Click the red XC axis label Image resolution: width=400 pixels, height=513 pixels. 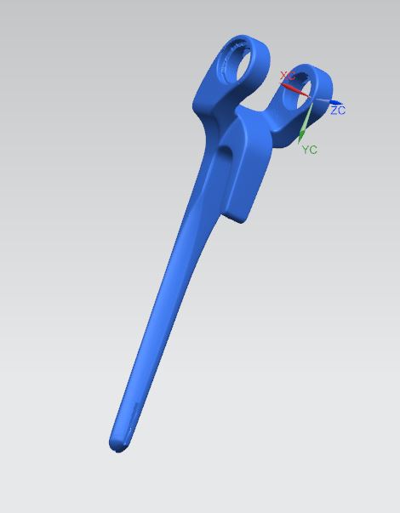pos(288,76)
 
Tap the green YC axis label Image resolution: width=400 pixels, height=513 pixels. pos(309,150)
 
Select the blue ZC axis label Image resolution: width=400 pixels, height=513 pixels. pos(338,111)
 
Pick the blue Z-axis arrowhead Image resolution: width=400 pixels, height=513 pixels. pos(335,103)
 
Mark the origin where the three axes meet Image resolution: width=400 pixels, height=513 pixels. pos(311,99)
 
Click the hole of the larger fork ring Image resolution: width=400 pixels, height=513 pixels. pos(244,64)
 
